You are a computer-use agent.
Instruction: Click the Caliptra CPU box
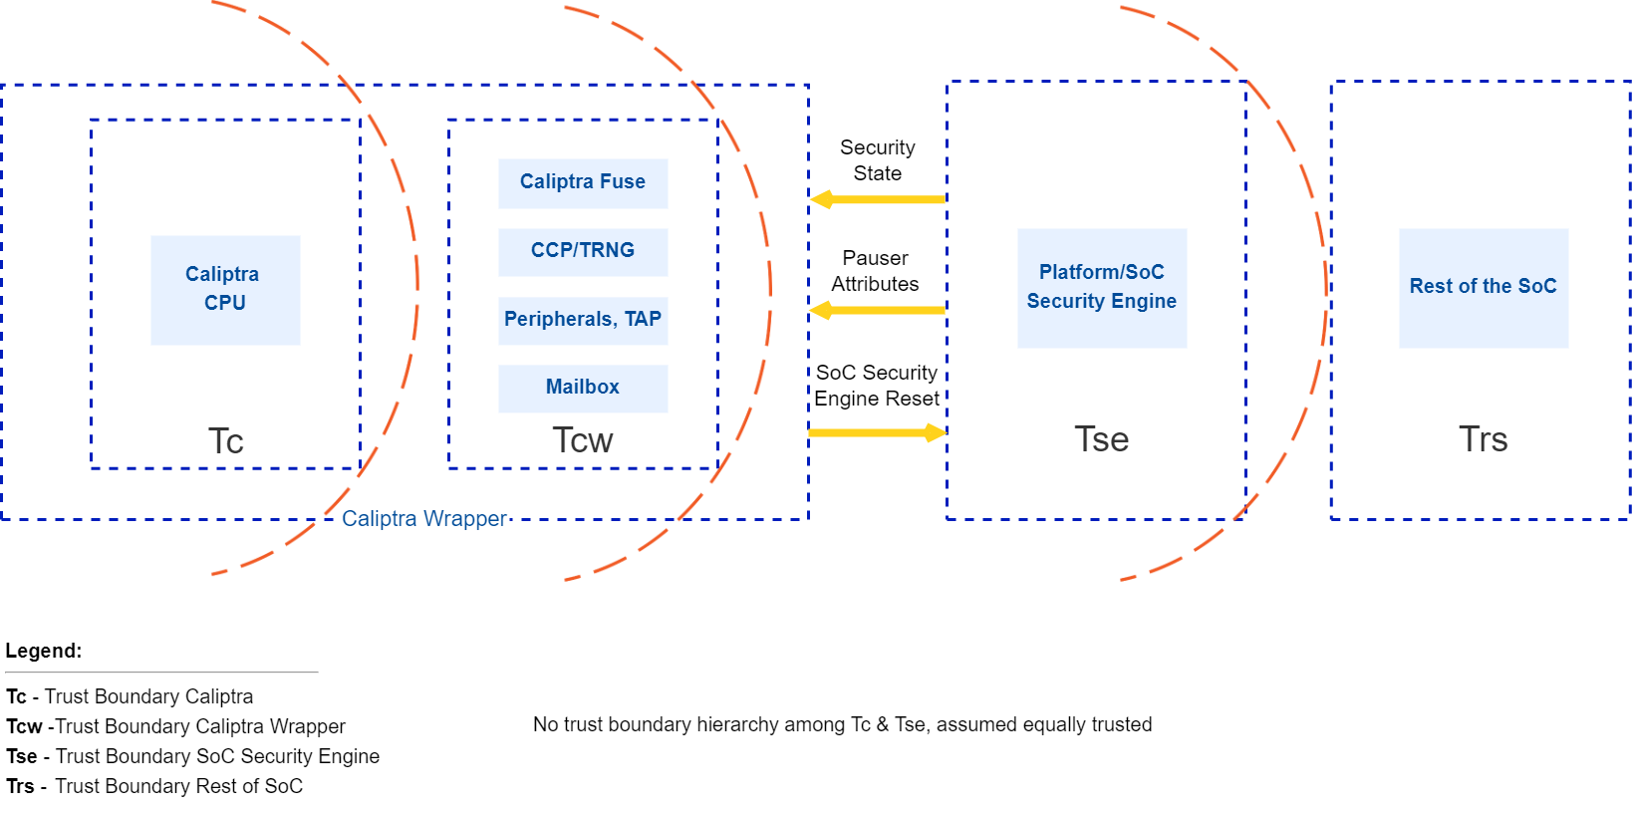225,289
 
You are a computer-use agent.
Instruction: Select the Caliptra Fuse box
583,182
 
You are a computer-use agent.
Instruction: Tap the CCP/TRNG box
583,251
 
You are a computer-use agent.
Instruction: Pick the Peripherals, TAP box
583,320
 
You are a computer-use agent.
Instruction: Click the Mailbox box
583,388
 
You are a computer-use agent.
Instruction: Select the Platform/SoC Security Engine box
1102,287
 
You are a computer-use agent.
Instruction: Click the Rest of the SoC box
1483,287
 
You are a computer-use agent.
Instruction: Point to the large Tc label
226,441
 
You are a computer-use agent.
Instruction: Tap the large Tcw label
583,440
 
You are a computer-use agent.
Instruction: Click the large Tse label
1102,439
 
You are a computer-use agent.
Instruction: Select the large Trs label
1483,439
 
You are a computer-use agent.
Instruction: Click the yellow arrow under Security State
877,199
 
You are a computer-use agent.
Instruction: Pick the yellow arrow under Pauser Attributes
877,311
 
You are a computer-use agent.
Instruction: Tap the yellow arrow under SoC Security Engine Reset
877,432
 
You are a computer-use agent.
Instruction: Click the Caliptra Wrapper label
424,519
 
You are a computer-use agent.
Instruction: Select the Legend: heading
44,651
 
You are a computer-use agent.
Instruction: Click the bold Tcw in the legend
24,726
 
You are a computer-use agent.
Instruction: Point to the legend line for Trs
154,786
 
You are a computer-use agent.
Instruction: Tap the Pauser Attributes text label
875,271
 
